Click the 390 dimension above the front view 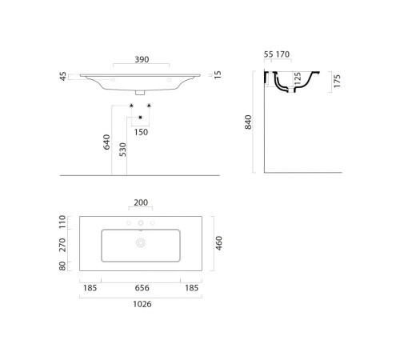pyautogui.click(x=141, y=60)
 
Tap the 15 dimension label pyautogui.click(x=218, y=74)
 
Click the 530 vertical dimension pyautogui.click(x=122, y=150)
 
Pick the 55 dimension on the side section pyautogui.click(x=268, y=54)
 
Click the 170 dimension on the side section pyautogui.click(x=282, y=54)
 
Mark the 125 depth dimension pyautogui.click(x=297, y=79)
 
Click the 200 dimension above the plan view pyautogui.click(x=141, y=202)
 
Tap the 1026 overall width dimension pyautogui.click(x=141, y=305)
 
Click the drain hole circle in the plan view pyautogui.click(x=141, y=242)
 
